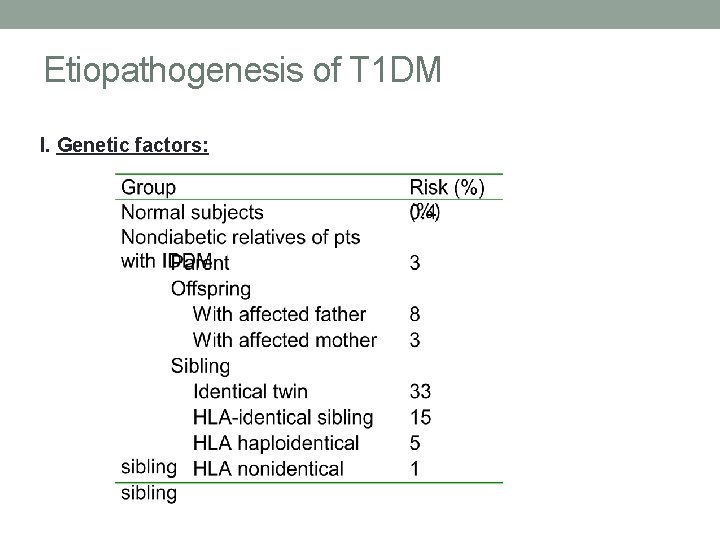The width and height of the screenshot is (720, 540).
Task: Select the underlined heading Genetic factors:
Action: [x=133, y=146]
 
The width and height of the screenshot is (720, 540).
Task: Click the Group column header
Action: [x=148, y=187]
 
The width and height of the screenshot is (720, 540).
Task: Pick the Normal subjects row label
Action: [x=192, y=212]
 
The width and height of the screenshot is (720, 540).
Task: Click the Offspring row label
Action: [x=211, y=289]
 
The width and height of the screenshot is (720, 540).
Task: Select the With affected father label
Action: [x=279, y=315]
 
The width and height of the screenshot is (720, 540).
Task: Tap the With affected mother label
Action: [x=285, y=340]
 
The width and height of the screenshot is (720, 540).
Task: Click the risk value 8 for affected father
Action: [x=415, y=315]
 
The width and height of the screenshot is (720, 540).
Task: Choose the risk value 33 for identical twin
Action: [x=420, y=391]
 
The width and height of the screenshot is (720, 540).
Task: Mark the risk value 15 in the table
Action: [x=420, y=417]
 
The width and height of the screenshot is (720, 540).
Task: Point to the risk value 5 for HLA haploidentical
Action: [x=415, y=442]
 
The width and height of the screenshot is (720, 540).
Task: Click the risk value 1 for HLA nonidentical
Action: [x=415, y=468]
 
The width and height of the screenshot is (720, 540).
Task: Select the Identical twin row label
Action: [x=250, y=391]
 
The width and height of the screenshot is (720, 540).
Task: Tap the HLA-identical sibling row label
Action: [x=283, y=417]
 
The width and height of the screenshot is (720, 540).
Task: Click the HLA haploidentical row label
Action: [x=276, y=442]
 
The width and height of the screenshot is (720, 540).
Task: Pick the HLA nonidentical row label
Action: [x=268, y=468]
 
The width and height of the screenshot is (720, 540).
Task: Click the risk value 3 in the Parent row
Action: [x=415, y=263]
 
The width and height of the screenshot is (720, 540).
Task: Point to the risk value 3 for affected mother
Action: [x=415, y=340]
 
